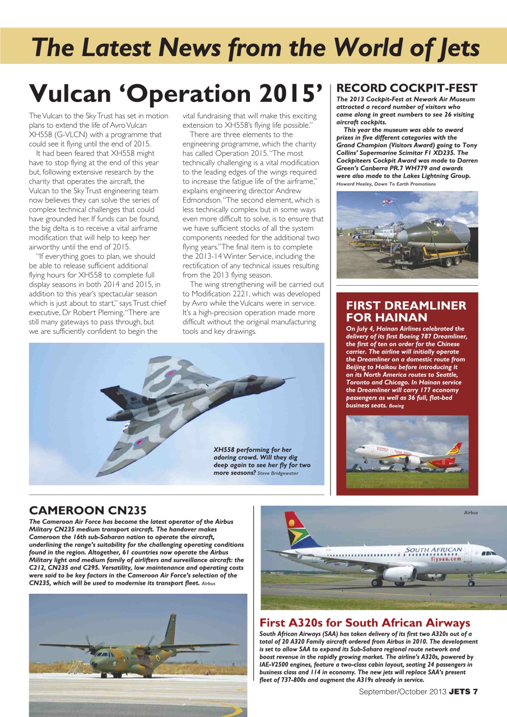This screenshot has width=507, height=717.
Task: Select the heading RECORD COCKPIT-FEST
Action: coord(406,88)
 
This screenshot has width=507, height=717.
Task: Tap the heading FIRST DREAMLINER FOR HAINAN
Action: coord(406,311)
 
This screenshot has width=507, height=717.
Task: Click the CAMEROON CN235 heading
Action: coord(87,510)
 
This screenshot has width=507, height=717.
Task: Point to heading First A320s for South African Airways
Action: coord(365,623)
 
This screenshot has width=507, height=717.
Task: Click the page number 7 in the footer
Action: coord(475,691)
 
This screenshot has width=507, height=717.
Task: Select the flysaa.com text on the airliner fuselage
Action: coord(446,558)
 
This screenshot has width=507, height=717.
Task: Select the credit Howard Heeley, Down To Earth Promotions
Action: coord(386,184)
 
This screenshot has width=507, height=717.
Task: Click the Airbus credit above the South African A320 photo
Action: coord(471,512)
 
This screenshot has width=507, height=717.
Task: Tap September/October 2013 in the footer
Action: coord(403,691)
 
